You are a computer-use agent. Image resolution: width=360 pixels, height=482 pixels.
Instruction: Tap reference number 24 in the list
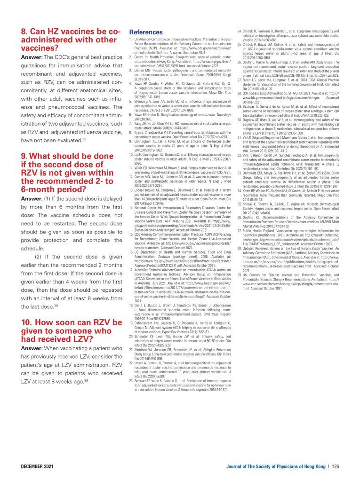click(238, 30)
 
